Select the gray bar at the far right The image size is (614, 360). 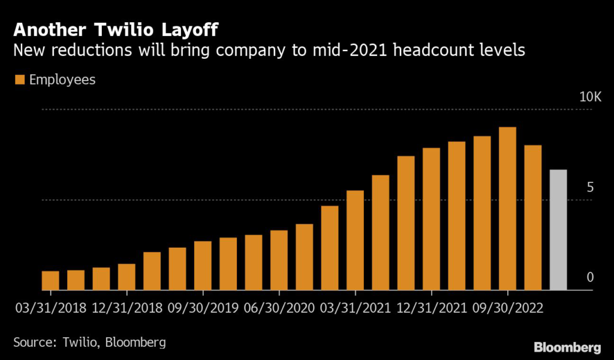tap(558, 230)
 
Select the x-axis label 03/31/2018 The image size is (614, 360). tap(50, 308)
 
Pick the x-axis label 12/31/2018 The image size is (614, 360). tap(128, 308)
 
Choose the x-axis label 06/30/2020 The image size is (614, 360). tap(280, 308)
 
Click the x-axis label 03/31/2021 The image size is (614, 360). tap(356, 308)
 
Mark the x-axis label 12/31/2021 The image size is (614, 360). tap(432, 308)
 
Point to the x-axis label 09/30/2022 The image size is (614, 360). tap(508, 308)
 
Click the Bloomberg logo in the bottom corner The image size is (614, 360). tap(567, 347)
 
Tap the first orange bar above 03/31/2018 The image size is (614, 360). tap(50, 281)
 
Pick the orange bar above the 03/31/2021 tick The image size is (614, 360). tap(355, 241)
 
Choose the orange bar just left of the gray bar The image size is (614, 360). tap(533, 218)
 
